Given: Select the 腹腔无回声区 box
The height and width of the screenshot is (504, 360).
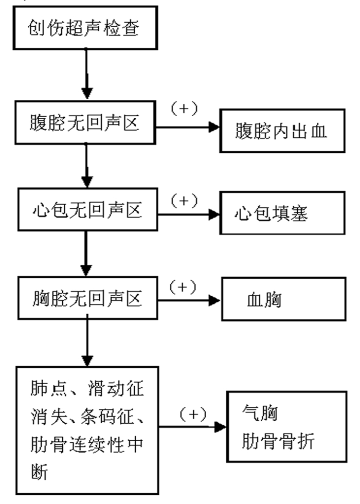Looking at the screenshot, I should point(85,123).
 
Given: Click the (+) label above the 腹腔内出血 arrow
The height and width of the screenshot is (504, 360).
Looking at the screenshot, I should point(185,110).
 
